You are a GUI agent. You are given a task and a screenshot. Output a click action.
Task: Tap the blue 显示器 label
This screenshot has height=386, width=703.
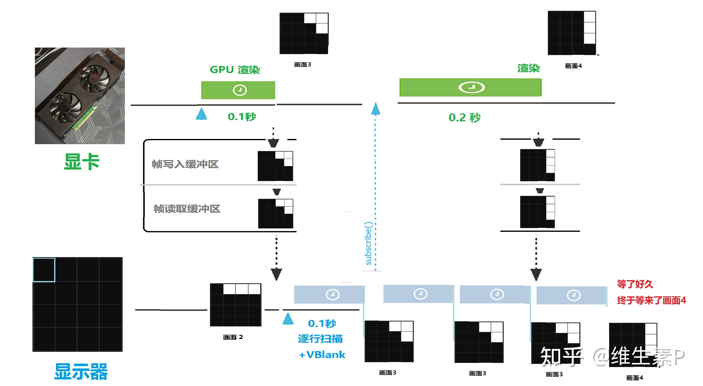coord(81,372)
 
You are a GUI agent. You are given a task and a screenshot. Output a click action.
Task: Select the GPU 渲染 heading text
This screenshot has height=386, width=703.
coord(235,70)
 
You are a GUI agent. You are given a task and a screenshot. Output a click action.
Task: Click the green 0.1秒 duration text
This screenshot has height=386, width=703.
coord(242,117)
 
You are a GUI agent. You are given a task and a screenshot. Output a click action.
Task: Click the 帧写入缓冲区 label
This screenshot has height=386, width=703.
coord(185,164)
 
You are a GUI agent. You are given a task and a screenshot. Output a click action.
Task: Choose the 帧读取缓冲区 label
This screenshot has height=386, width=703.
coord(187,209)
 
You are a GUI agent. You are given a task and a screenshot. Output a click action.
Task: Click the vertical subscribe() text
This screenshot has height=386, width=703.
coord(369,243)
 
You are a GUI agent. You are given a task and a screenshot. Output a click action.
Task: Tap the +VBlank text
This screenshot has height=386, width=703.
coord(322,355)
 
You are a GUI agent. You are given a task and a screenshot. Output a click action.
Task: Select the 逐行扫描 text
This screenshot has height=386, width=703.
coord(321,339)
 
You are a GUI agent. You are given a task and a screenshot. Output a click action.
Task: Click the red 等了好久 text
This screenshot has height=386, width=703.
coord(635,284)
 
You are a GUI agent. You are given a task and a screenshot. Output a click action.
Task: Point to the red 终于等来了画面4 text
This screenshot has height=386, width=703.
coord(652,300)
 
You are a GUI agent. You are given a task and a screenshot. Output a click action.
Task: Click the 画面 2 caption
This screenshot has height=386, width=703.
coord(233,337)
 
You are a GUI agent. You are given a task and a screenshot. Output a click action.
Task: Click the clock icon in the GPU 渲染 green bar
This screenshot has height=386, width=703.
coord(240,90)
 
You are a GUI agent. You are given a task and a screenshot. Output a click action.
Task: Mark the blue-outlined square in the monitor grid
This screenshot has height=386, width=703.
coord(44,270)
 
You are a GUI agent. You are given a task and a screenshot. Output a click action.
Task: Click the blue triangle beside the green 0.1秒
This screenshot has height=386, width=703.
coord(201,114)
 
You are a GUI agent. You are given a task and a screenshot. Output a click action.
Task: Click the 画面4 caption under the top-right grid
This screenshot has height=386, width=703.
coord(573,66)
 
